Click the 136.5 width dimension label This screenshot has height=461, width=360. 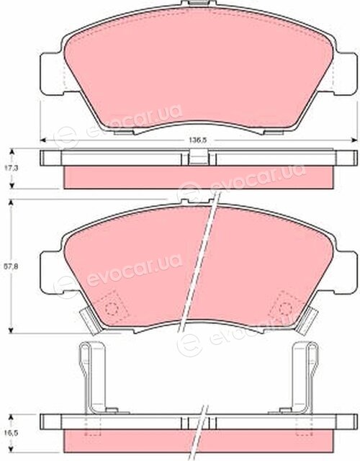click(197, 140)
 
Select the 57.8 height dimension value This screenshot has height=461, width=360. click(7, 267)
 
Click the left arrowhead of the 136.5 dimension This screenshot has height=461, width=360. click(43, 140)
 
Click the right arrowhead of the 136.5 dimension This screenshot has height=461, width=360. click(354, 140)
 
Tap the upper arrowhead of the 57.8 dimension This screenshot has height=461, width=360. click(12, 203)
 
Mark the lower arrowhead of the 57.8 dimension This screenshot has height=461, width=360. click(12, 330)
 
